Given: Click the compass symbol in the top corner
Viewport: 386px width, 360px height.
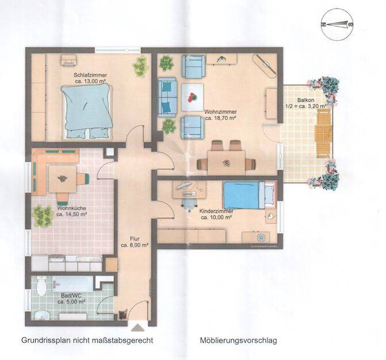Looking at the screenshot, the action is [337, 24].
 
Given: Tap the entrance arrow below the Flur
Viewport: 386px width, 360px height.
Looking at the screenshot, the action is [138, 328].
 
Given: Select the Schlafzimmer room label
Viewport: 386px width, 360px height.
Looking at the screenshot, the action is [90, 75].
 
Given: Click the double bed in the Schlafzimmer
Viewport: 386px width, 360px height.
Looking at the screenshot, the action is [87, 111].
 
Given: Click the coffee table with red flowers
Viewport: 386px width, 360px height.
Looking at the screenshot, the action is [193, 97].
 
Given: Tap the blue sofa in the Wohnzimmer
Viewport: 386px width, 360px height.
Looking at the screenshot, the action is [167, 97].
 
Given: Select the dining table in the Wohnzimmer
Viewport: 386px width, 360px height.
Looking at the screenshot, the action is [227, 163].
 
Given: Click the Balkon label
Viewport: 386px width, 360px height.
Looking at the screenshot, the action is [305, 100].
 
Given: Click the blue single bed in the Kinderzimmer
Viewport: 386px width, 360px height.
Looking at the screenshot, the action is [249, 195].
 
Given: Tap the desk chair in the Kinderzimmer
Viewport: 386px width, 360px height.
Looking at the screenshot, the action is [189, 203].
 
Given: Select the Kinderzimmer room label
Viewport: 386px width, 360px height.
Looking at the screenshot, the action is [216, 211].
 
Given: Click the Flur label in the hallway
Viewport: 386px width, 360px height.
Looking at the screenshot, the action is [135, 239].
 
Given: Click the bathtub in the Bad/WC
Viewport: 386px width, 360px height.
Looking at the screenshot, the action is [73, 283].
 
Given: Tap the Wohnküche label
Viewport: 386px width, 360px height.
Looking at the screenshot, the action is [72, 208].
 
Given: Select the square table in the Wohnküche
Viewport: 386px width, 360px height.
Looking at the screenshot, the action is [63, 179].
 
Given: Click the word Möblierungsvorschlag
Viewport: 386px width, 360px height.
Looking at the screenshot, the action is [238, 341].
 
